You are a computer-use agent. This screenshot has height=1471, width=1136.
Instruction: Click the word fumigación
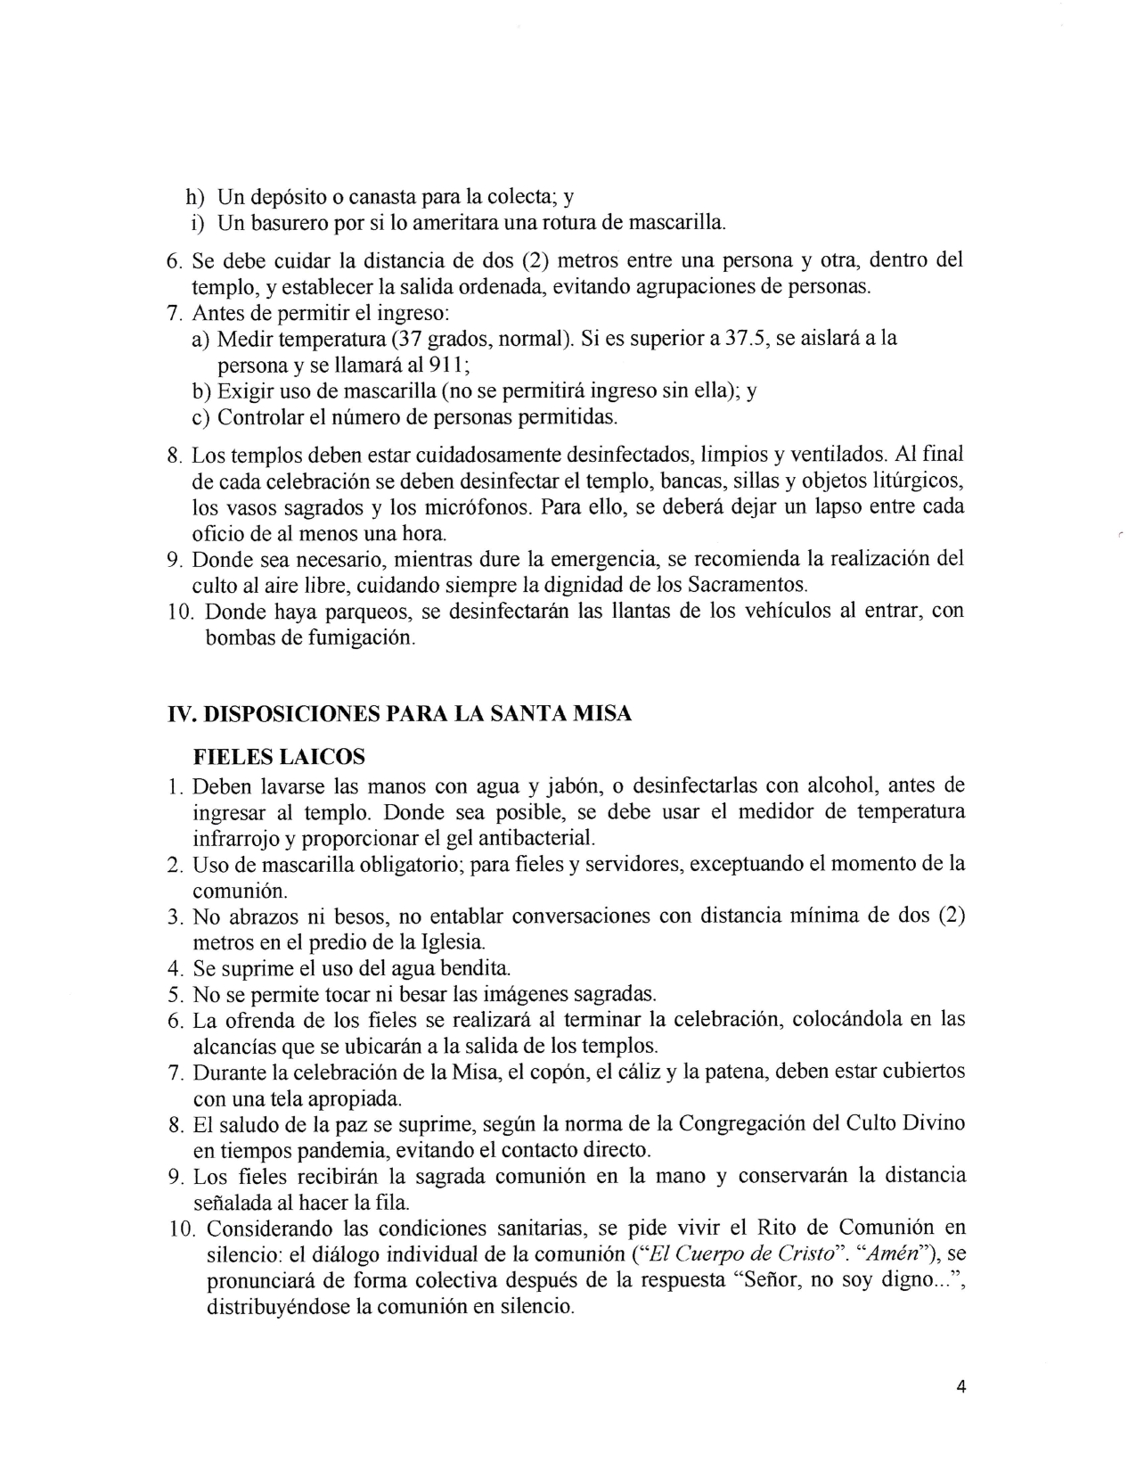click(357, 638)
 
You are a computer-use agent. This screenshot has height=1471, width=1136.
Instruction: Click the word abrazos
click(267, 916)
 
